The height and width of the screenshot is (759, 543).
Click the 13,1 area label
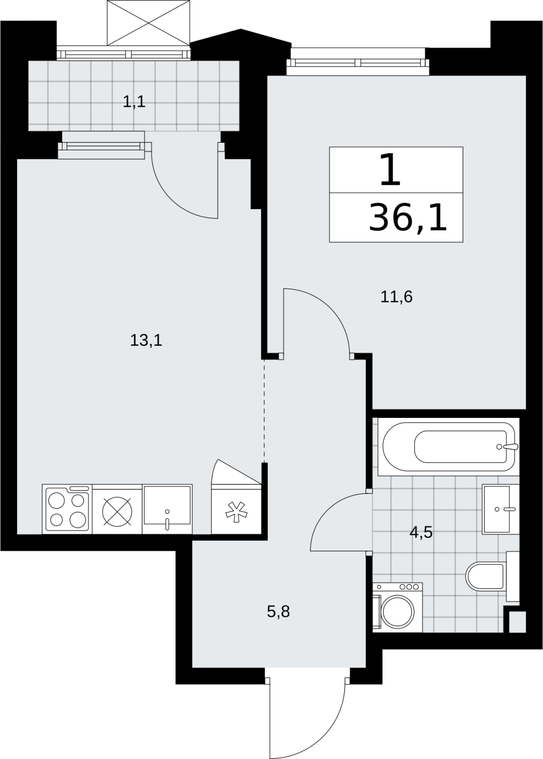[x=146, y=340]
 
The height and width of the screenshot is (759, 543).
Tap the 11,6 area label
[x=396, y=297]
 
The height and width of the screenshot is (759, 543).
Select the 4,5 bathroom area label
[x=421, y=533]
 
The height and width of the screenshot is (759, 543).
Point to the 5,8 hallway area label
[x=278, y=612]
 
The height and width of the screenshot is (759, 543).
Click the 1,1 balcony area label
[x=134, y=102]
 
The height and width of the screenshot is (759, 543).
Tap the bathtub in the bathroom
[x=449, y=446]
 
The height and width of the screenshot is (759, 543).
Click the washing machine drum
[x=397, y=612]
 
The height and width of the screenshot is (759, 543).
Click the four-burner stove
[x=67, y=509]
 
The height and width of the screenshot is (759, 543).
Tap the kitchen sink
[x=167, y=509]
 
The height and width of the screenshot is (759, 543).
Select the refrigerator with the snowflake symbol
[x=236, y=509]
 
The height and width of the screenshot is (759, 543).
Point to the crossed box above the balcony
[x=149, y=23]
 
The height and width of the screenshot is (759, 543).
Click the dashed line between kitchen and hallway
[x=264, y=411]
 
